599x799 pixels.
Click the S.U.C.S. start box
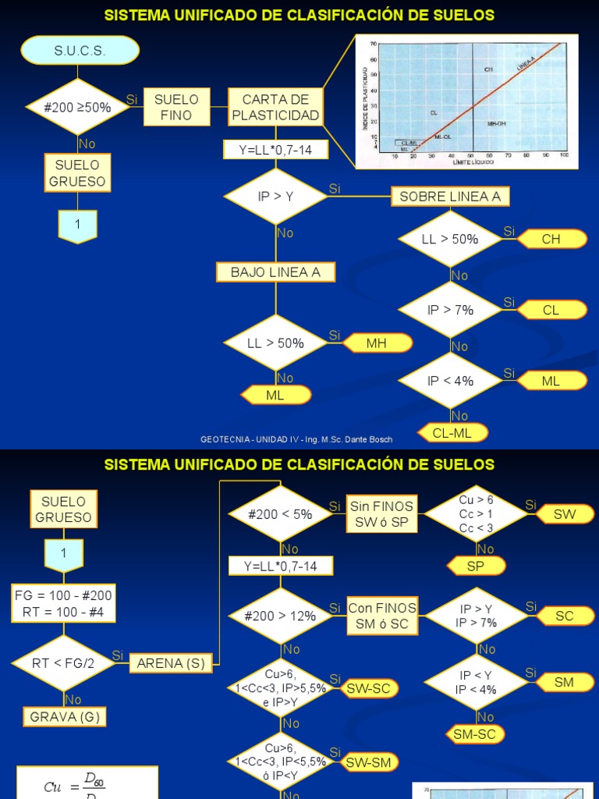click(80, 51)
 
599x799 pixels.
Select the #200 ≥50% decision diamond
click(79, 108)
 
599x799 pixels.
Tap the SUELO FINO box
click(176, 108)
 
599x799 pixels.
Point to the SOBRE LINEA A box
click(450, 197)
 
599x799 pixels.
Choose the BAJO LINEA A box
click(275, 272)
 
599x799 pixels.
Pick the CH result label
click(551, 240)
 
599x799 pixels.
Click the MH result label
click(377, 343)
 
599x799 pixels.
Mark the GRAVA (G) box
click(66, 716)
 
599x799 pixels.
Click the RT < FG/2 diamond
click(65, 663)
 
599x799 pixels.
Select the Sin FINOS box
click(382, 514)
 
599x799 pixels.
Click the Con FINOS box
click(382, 616)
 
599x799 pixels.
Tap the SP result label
click(476, 566)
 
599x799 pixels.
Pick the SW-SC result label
click(371, 688)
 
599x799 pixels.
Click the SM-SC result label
click(474, 733)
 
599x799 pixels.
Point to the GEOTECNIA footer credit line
click(296, 439)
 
